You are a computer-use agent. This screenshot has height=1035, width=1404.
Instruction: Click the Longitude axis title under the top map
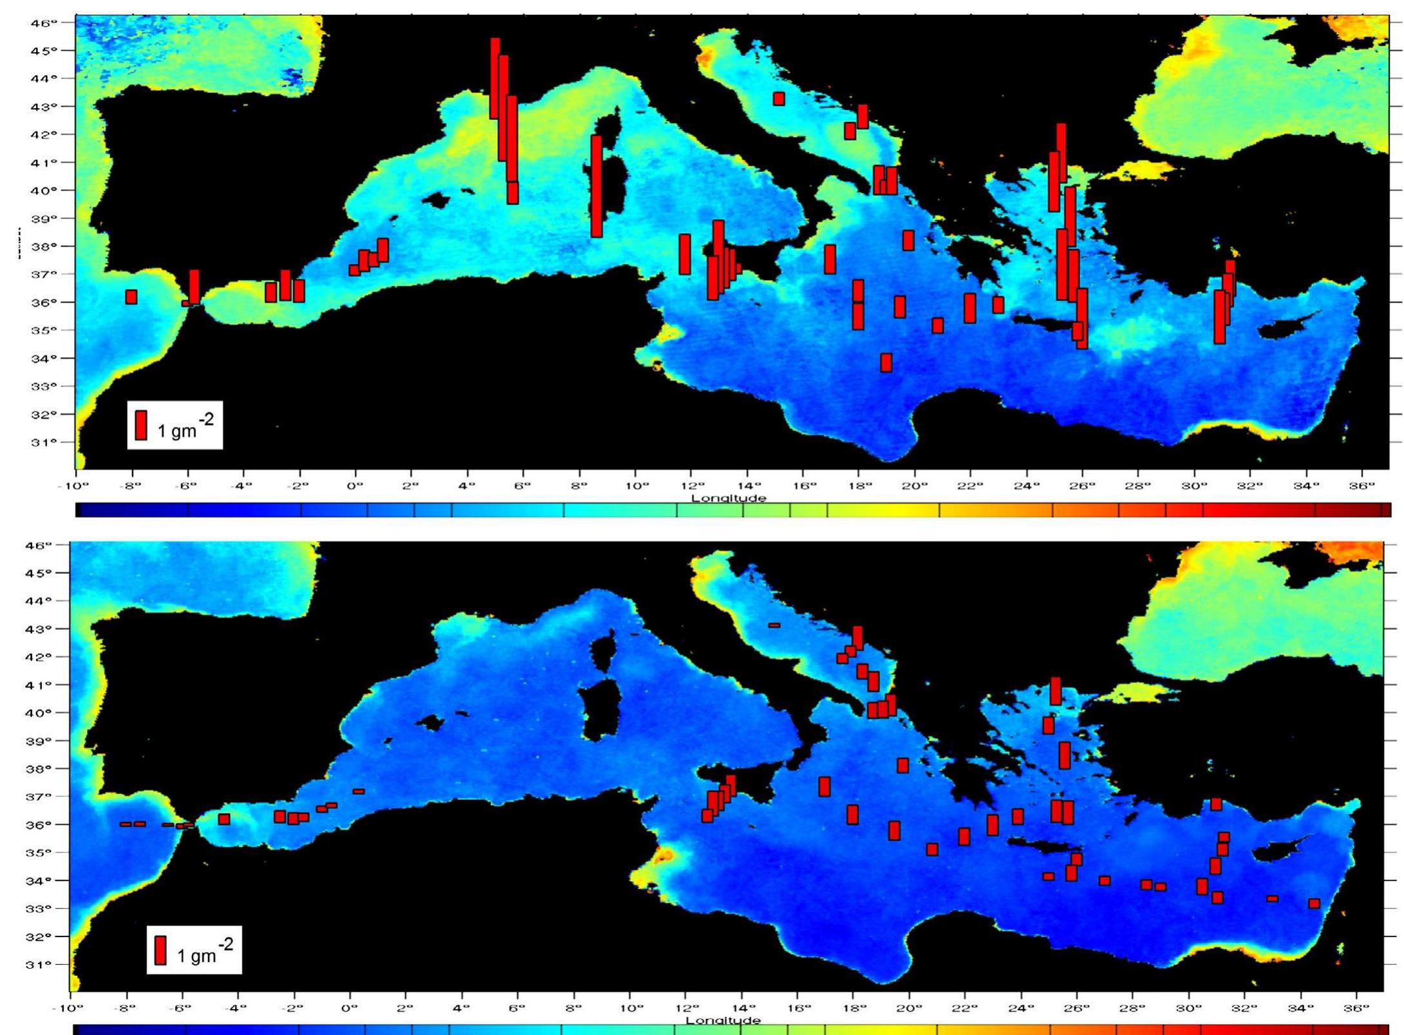(729, 498)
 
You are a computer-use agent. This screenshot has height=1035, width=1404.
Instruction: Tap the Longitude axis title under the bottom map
(723, 1020)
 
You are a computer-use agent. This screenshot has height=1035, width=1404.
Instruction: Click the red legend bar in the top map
(141, 425)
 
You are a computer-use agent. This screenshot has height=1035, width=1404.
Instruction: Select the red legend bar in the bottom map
(160, 950)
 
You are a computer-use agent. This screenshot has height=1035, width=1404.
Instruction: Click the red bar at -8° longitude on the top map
(131, 297)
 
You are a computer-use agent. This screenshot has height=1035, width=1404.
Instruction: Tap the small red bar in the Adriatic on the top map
(778, 99)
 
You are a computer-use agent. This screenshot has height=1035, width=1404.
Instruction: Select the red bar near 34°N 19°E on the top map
(886, 363)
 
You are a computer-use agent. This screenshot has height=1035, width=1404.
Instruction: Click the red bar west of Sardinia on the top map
(596, 186)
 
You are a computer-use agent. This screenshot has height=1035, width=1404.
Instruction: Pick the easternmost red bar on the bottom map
(1314, 904)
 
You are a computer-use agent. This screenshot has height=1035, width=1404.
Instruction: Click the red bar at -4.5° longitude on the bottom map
(224, 819)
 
